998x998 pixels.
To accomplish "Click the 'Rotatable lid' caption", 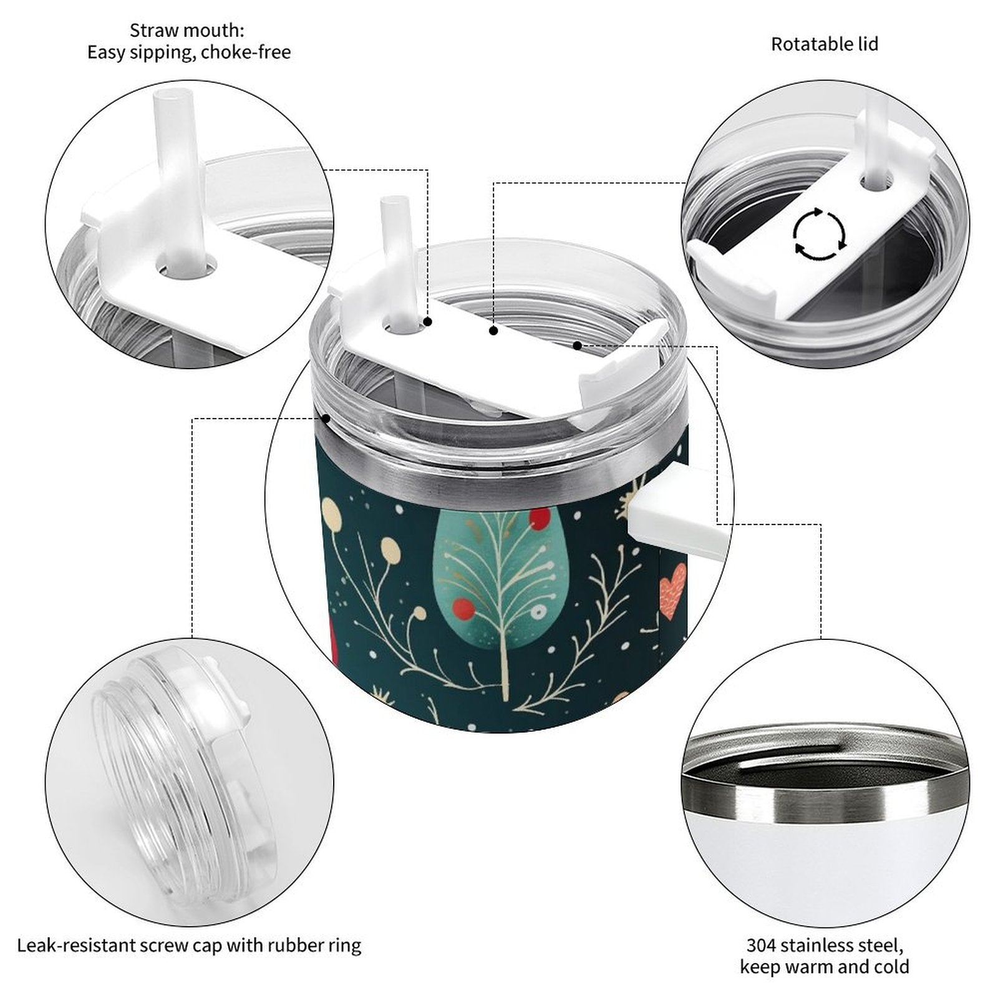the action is (x=825, y=44).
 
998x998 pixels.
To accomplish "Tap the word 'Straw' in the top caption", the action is (x=153, y=30).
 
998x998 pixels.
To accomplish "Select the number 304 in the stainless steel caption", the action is (x=761, y=945).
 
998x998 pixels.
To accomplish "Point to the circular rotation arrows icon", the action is (x=820, y=234).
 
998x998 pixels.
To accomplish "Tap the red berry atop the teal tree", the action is (x=540, y=519).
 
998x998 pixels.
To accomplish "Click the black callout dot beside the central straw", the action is (x=429, y=322).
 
